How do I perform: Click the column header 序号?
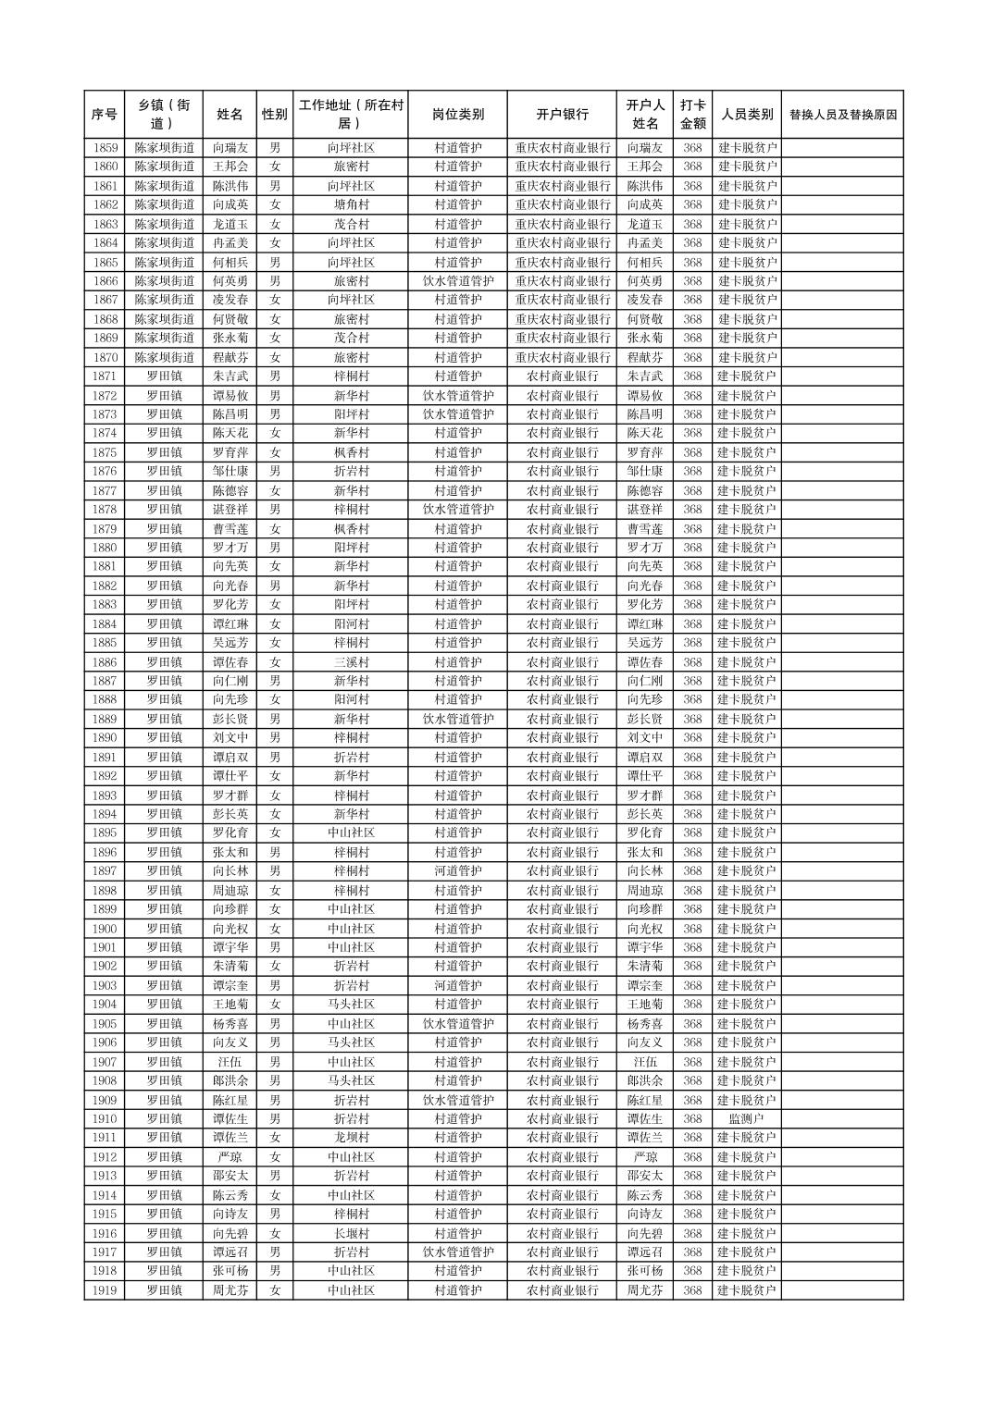(105, 115)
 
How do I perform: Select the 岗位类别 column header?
(457, 115)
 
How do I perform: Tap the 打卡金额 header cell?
(692, 115)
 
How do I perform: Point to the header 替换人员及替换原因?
(842, 115)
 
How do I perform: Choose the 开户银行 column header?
(562, 115)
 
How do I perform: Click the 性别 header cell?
(275, 115)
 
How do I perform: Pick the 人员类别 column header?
(747, 115)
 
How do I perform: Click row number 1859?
(105, 148)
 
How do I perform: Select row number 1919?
(105, 1290)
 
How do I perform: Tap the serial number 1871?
(105, 376)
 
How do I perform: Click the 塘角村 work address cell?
(351, 204)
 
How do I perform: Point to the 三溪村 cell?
(351, 662)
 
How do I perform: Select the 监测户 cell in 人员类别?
(747, 1119)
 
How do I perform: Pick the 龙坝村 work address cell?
(351, 1138)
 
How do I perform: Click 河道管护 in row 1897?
(457, 871)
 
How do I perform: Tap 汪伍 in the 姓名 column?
(230, 1062)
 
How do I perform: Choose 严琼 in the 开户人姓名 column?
(645, 1157)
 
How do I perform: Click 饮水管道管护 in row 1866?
(457, 281)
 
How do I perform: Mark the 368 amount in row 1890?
(692, 738)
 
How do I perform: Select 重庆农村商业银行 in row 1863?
(562, 224)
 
